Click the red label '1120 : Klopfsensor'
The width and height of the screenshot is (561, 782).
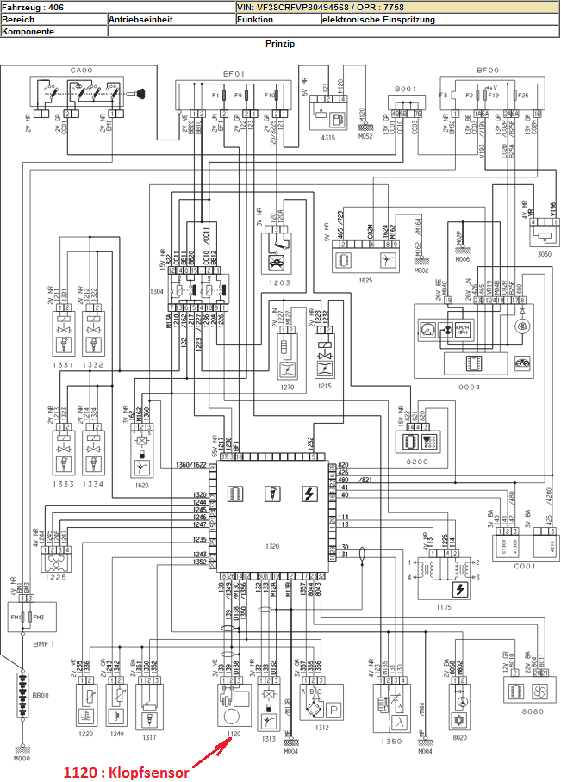pos(126,749)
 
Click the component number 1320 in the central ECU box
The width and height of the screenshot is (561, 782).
pos(273,546)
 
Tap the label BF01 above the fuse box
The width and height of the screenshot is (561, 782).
pos(234,74)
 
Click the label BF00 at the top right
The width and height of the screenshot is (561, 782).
pos(488,70)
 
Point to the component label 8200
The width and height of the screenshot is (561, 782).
pos(418,462)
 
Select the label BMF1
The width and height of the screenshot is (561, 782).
pos(44,642)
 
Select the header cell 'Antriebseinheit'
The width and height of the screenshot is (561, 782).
pos(140,18)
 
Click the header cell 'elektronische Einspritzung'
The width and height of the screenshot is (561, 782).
pos(378,18)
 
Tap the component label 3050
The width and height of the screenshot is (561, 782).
pos(543,255)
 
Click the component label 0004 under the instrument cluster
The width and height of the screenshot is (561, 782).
pos(470,388)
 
